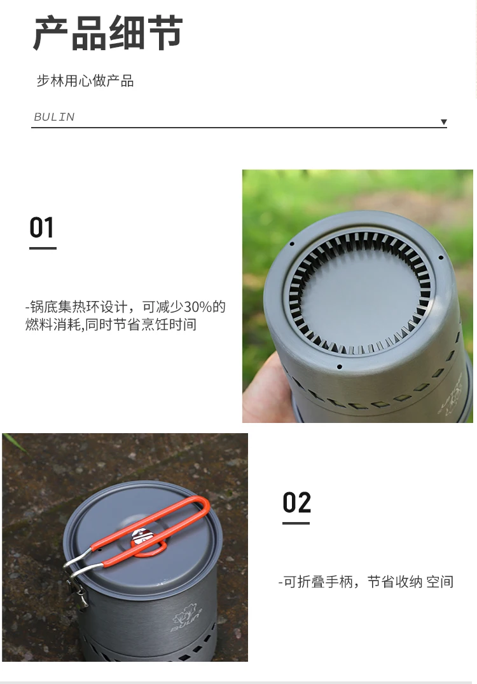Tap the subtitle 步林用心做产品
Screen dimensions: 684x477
click(x=85, y=81)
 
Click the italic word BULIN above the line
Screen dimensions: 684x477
click(x=54, y=117)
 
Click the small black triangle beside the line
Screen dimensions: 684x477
click(x=444, y=122)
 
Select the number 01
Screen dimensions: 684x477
click(x=42, y=227)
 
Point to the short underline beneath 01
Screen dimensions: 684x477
click(x=43, y=248)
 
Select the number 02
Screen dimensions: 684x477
click(x=296, y=502)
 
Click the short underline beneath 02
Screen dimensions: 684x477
click(x=296, y=523)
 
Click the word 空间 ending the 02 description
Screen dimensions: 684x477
click(x=439, y=582)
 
